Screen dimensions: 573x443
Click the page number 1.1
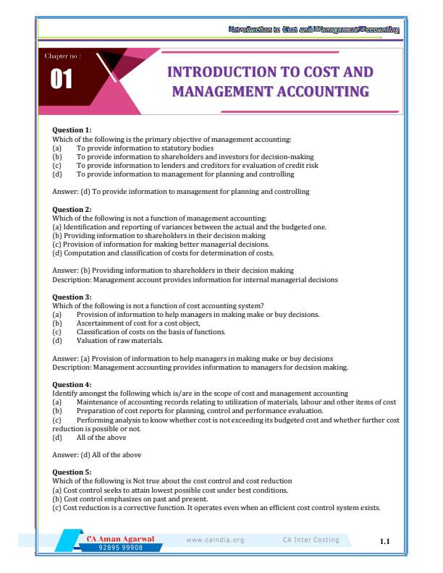384,541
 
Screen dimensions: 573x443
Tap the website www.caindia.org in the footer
215,540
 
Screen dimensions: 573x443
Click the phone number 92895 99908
122,548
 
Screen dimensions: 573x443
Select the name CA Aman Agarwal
121,539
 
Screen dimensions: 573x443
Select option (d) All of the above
101,437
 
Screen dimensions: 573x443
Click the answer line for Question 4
97,454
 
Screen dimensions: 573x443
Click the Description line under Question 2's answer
195,279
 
